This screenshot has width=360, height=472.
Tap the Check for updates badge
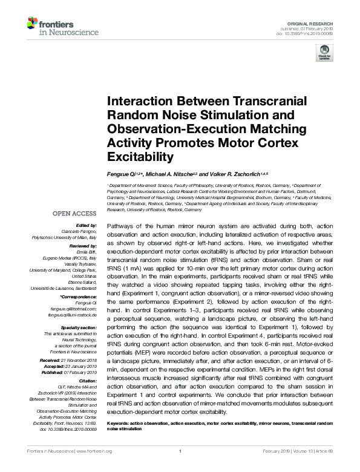(324, 56)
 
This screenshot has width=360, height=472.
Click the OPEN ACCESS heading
(74, 214)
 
